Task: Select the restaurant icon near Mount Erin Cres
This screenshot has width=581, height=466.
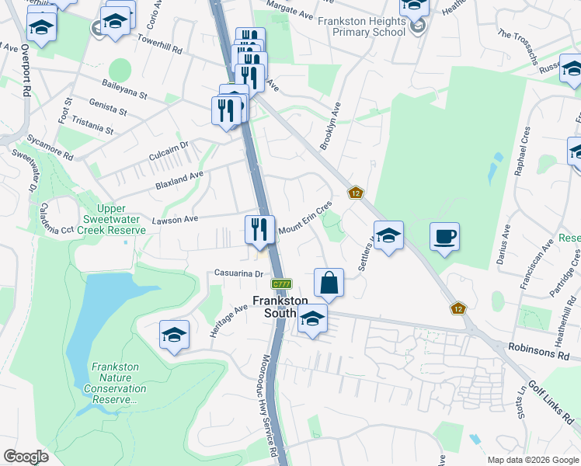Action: coord(260,229)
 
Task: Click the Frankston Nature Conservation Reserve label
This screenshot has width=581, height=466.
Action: coord(119,383)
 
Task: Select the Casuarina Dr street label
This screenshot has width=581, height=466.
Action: coord(241,273)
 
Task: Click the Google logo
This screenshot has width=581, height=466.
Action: coord(26,457)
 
